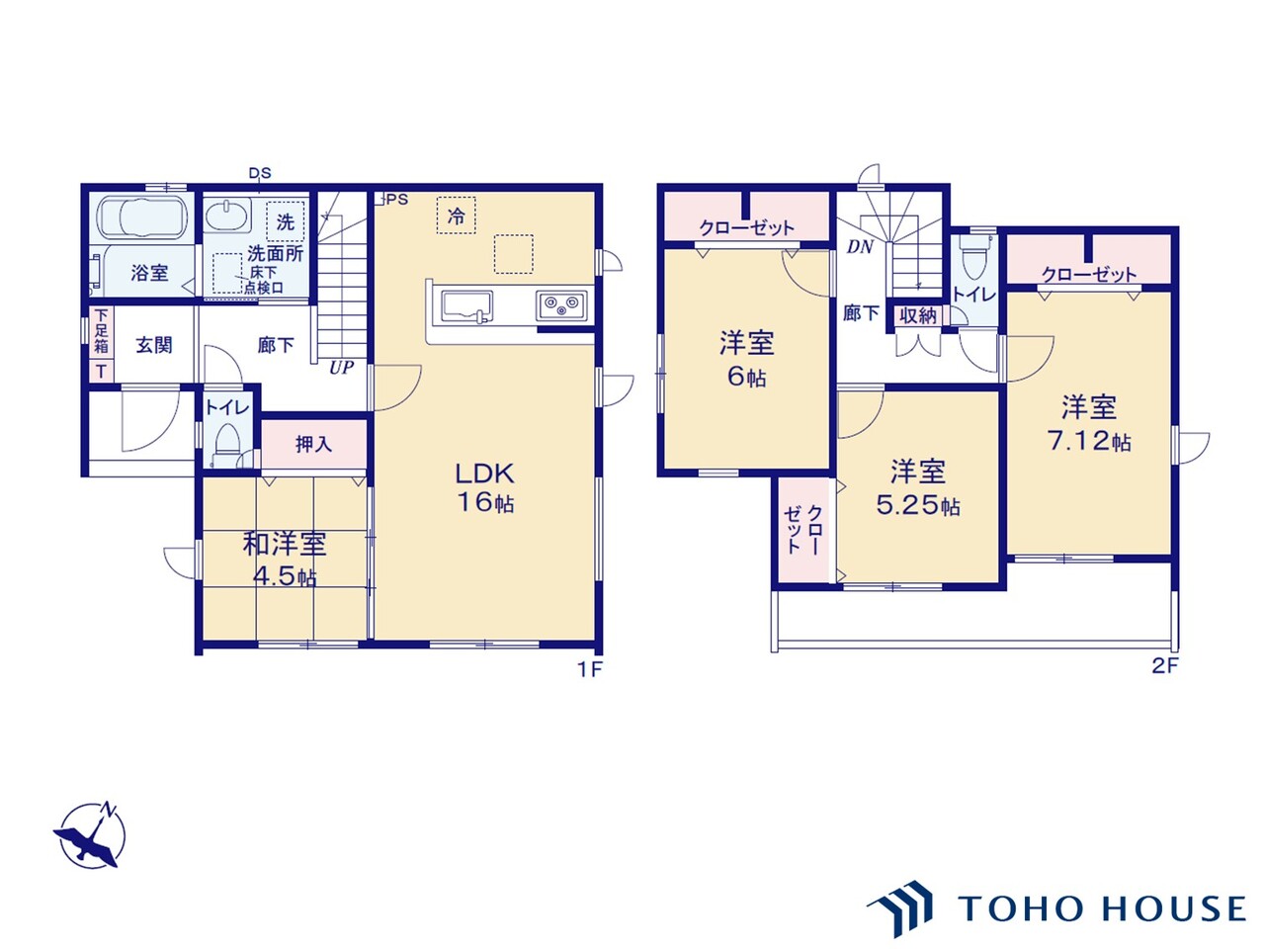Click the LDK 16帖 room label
click(x=484, y=486)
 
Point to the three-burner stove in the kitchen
click(x=561, y=304)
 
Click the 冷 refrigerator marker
click(x=456, y=216)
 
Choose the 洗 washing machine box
click(x=285, y=222)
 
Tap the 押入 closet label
click(x=313, y=444)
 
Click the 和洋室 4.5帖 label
click(x=285, y=559)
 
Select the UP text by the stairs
click(x=341, y=368)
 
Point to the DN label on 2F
click(x=860, y=247)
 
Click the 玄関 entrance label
click(x=154, y=345)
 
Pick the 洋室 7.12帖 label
click(x=1089, y=423)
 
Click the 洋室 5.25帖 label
click(x=918, y=487)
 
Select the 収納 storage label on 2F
click(x=918, y=315)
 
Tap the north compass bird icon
click(x=89, y=836)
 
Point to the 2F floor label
click(x=1165, y=665)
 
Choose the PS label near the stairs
click(x=395, y=199)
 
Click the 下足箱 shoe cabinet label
click(x=101, y=331)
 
